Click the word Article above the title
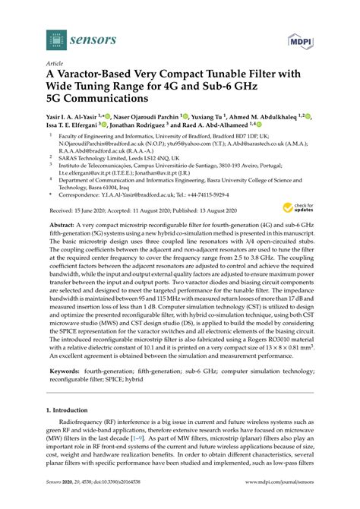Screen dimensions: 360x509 coord(55,64)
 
